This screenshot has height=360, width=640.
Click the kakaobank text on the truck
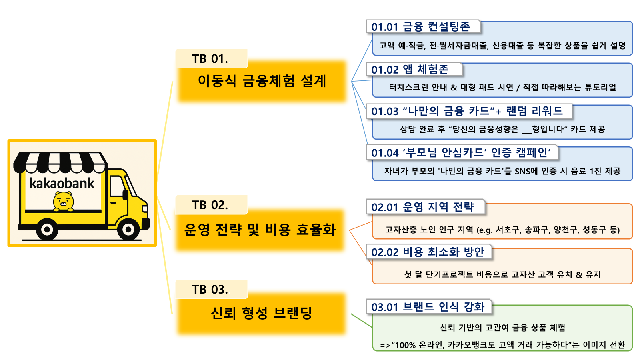coord(62,183)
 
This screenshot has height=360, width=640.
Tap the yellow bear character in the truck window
coord(64,201)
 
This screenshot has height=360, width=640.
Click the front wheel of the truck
coord(128,229)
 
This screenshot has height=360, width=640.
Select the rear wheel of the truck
coord(47,229)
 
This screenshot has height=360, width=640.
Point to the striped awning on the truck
coord(60,162)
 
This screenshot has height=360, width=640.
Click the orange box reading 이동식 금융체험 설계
coord(262,81)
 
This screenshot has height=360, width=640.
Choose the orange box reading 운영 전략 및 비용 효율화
coord(260,230)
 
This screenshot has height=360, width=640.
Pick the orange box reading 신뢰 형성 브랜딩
coord(261,314)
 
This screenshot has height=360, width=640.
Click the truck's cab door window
coord(117,186)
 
